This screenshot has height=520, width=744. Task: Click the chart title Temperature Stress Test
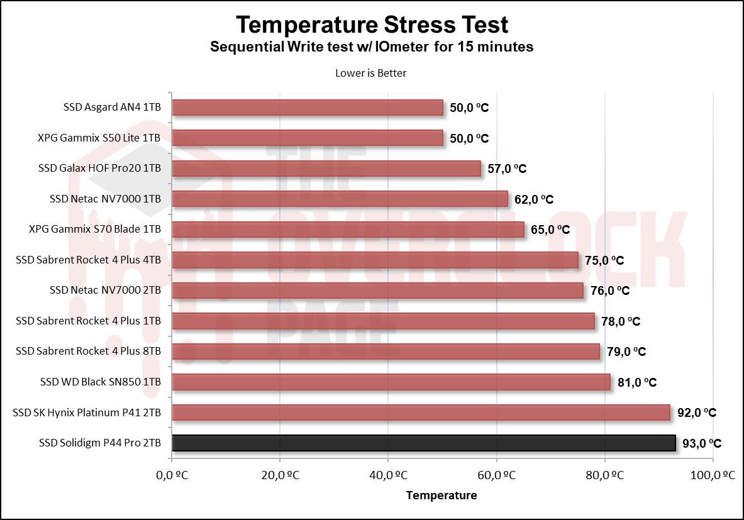tap(372, 25)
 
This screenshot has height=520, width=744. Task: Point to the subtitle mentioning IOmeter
tap(372, 47)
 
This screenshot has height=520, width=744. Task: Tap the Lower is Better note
tap(371, 73)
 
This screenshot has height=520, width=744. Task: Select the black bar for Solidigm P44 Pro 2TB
tap(423, 443)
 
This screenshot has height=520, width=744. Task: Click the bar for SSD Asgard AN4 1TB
tap(307, 108)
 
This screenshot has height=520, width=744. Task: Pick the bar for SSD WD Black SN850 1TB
tap(391, 382)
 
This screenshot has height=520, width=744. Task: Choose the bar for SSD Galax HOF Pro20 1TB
tap(326, 169)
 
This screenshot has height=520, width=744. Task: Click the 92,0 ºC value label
tap(697, 413)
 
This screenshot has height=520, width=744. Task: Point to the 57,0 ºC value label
tap(507, 169)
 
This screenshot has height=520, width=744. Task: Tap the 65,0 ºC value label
tap(550, 230)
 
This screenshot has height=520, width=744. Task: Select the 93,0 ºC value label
tap(702, 443)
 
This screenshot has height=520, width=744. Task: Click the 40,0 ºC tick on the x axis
tap(387, 476)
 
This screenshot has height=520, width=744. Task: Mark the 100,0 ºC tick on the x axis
tap(713, 476)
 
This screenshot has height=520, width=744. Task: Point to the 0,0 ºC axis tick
tap(171, 476)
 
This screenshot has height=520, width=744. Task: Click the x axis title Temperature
tap(441, 495)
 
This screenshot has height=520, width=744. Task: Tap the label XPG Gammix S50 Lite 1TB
tap(99, 138)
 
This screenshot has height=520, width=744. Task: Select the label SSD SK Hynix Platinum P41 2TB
tap(87, 412)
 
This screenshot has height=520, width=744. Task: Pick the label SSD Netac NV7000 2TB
tap(105, 290)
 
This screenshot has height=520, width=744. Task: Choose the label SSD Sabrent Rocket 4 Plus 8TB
tap(88, 351)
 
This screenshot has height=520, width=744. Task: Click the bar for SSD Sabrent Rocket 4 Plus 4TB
tap(375, 260)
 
